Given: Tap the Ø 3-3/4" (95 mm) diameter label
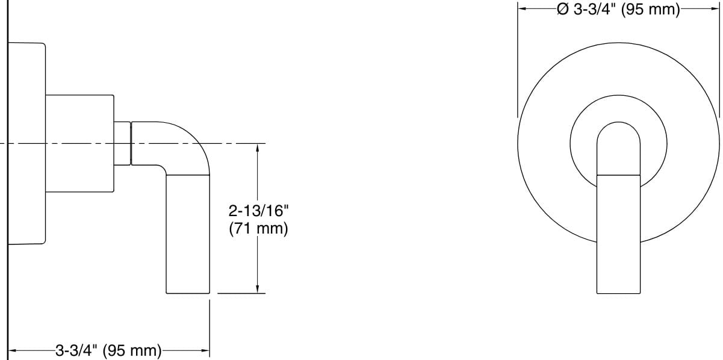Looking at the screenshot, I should (x=618, y=10).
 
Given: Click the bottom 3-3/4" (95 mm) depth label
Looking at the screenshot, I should (x=108, y=350).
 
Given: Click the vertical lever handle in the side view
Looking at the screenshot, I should (x=188, y=235).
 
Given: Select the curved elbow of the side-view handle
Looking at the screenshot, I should (x=187, y=144).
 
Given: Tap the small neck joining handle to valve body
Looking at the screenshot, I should (x=122, y=143).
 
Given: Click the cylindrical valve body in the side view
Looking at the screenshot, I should (x=80, y=143).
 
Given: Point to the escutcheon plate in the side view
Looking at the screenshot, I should (x=27, y=143).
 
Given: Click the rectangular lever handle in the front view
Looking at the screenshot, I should (x=618, y=235).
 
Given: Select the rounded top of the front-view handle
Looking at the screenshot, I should (x=618, y=135).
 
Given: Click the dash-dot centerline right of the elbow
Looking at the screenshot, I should (x=238, y=143).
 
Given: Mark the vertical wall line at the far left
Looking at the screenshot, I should (x=7, y=181).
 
